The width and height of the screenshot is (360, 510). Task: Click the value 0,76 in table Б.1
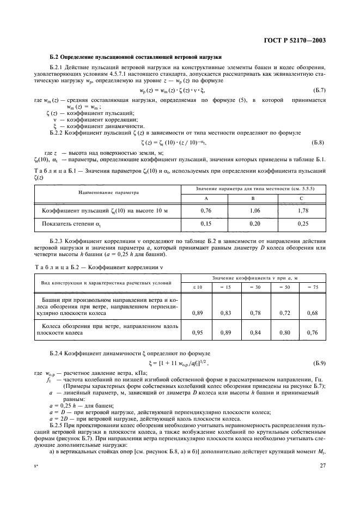[206, 209]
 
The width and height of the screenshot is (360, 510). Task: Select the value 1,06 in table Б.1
[255, 209]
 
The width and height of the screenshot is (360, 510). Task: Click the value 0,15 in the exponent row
[206, 223]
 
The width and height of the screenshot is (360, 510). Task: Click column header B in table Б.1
[255, 199]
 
